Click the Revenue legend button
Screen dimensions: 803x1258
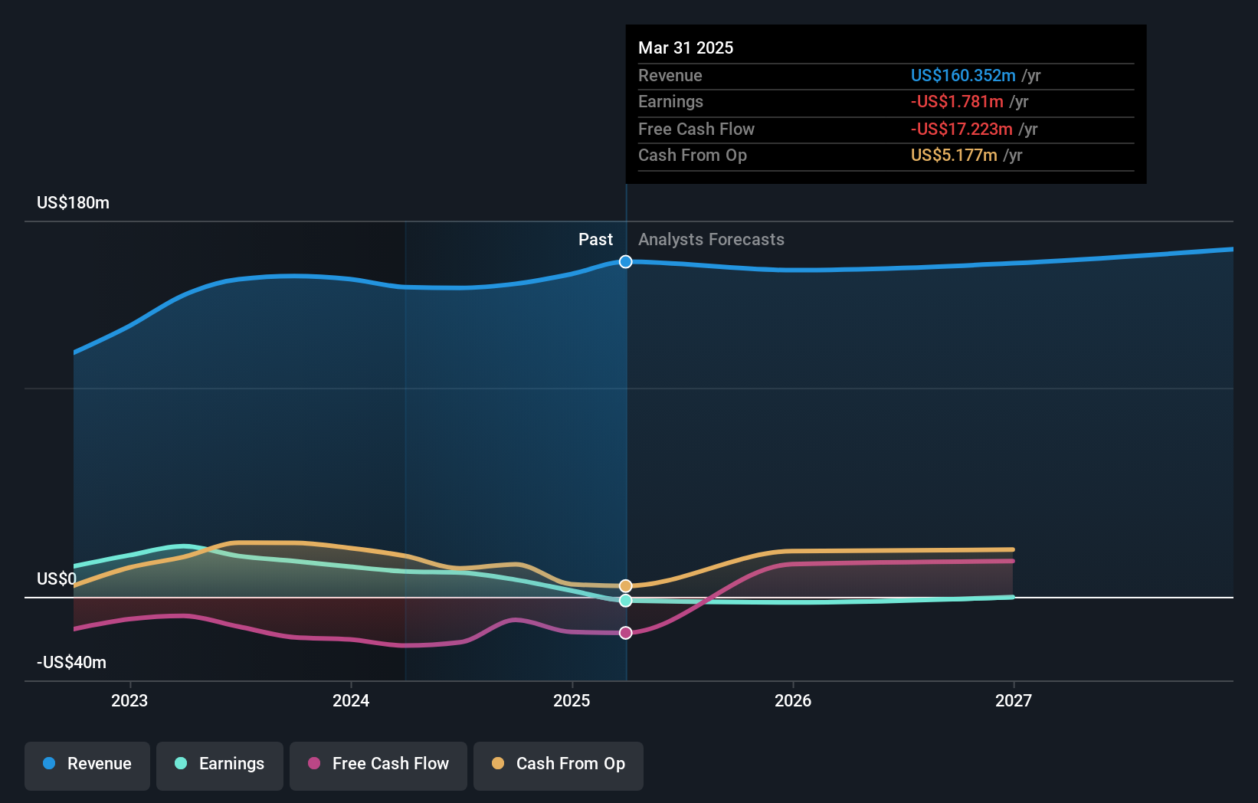pyautogui.click(x=87, y=764)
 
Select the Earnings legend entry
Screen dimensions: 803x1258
pyautogui.click(x=220, y=764)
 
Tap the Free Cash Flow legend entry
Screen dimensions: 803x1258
pyautogui.click(x=378, y=764)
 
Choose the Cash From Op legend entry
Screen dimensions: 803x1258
pyautogui.click(x=559, y=764)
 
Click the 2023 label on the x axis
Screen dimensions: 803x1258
pyautogui.click(x=129, y=700)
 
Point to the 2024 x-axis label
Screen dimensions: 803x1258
pyautogui.click(x=351, y=700)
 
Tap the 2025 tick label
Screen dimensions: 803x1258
pyautogui.click(x=572, y=700)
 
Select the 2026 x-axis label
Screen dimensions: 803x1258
pyautogui.click(x=793, y=700)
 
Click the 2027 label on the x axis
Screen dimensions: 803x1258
pyautogui.click(x=1013, y=700)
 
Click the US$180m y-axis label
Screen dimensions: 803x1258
pyautogui.click(x=73, y=203)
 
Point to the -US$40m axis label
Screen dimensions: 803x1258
pyautogui.click(x=71, y=663)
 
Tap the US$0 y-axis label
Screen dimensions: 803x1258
pyautogui.click(x=56, y=578)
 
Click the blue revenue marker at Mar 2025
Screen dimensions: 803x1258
pyautogui.click(x=626, y=262)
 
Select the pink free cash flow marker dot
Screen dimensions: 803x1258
pyautogui.click(x=626, y=633)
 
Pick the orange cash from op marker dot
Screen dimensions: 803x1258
pyautogui.click(x=626, y=586)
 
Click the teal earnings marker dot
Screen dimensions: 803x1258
pyautogui.click(x=626, y=601)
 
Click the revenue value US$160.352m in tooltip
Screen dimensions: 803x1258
pyautogui.click(x=963, y=76)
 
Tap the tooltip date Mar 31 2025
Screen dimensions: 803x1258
pyautogui.click(x=686, y=48)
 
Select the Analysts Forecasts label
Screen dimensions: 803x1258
pyautogui.click(x=711, y=240)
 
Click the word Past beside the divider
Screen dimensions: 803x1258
pyautogui.click(x=595, y=240)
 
